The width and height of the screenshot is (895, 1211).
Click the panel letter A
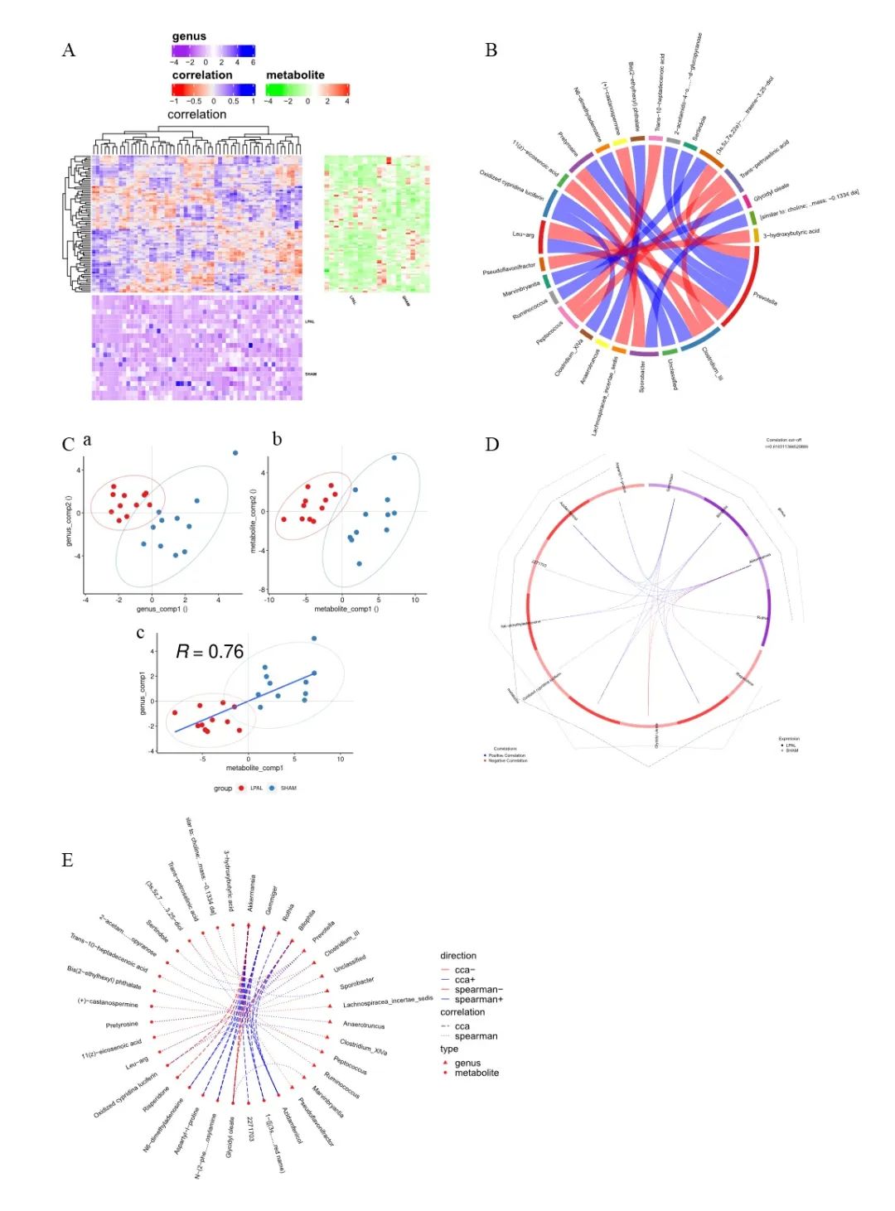pos(69,51)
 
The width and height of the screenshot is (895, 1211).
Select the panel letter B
pos(491,51)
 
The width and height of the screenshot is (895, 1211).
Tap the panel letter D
pos(491,445)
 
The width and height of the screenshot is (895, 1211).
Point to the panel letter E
pos(67,861)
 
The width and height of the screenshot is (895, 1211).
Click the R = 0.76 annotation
pos(210,652)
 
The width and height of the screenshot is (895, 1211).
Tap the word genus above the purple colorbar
pos(189,36)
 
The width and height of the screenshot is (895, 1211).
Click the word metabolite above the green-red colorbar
pos(295,75)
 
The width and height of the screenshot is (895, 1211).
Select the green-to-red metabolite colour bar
pos(307,89)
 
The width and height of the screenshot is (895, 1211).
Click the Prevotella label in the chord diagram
pos(765,297)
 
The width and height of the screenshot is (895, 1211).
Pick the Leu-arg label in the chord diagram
pos(523,234)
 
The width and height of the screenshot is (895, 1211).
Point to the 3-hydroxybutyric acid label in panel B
pos(791,233)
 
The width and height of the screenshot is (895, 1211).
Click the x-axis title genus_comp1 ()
pos(157,609)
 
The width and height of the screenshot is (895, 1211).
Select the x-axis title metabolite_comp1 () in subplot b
pos(346,609)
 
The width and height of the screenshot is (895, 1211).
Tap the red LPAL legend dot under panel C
pos(242,788)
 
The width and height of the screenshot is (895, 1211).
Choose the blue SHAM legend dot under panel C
pos(272,788)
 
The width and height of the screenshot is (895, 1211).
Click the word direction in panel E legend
pos(458,955)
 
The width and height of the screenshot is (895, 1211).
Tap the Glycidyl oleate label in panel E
pos(231,1138)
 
